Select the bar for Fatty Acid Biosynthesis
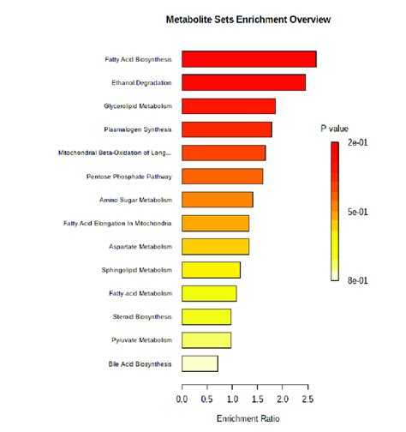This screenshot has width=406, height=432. coord(249,59)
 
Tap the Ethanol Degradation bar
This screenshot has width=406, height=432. coord(244,82)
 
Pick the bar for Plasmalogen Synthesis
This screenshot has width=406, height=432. coord(227,129)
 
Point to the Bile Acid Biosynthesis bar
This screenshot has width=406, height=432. coord(200,363)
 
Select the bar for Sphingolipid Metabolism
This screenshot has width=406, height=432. coord(212,270)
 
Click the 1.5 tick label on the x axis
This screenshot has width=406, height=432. coord(257,399)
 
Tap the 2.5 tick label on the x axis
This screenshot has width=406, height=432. coord(307,399)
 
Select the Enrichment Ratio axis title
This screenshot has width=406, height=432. coord(247,418)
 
